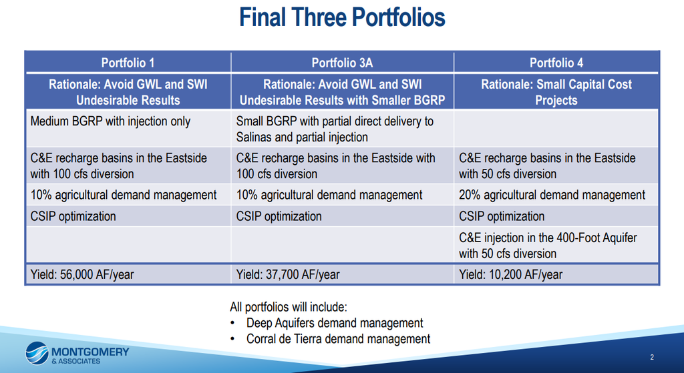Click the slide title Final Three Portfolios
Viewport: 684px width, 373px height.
click(x=342, y=17)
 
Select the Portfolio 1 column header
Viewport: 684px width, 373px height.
click(x=128, y=63)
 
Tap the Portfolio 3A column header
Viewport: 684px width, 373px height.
click(x=342, y=63)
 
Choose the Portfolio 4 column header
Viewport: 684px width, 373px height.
click(x=556, y=63)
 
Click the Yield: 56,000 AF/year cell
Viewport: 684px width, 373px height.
click(x=128, y=274)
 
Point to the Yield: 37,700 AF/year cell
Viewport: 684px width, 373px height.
click(x=342, y=274)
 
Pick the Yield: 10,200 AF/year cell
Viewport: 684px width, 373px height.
click(x=556, y=274)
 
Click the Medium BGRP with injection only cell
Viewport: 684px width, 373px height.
click(x=128, y=129)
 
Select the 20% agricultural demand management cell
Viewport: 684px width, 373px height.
click(x=556, y=195)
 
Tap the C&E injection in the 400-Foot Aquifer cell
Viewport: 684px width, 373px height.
click(x=556, y=246)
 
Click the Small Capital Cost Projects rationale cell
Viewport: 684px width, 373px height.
click(x=556, y=92)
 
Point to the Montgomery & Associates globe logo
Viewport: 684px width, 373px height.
click(x=37, y=353)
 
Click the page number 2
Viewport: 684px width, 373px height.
click(x=652, y=357)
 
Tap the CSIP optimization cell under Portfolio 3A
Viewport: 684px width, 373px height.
click(x=342, y=216)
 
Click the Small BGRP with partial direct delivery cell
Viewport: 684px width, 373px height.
click(x=342, y=129)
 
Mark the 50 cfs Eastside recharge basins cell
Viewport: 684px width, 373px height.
click(x=556, y=165)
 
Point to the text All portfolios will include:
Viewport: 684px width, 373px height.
click(x=289, y=307)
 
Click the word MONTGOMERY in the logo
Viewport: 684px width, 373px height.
click(x=90, y=352)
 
